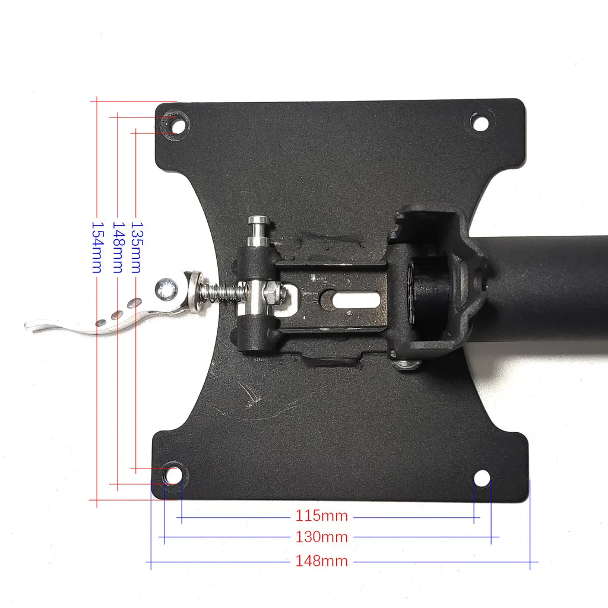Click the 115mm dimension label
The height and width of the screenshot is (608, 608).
pyautogui.click(x=321, y=516)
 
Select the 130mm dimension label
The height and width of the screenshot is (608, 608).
pyautogui.click(x=321, y=537)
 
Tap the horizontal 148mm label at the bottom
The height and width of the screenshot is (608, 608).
pyautogui.click(x=321, y=561)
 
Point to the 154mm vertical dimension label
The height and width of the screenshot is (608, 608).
pyautogui.click(x=97, y=248)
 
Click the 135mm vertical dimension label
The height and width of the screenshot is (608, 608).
pyautogui.click(x=137, y=248)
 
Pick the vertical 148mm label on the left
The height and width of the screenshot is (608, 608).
pyautogui.click(x=118, y=248)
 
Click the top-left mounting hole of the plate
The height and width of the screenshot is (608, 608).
pyautogui.click(x=178, y=126)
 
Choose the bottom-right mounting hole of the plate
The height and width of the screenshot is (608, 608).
pyautogui.click(x=482, y=478)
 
